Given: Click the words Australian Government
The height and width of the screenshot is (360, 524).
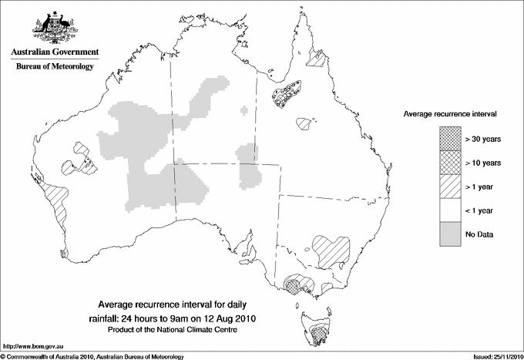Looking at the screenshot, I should (54, 52).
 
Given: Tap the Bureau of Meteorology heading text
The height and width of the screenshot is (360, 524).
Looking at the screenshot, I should (54, 67).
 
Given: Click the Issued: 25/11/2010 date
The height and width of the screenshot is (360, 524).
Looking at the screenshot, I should (495, 355).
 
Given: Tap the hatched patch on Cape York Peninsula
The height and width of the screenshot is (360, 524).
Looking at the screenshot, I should (316, 56).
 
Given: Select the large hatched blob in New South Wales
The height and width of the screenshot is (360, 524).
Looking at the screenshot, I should (331, 247).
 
